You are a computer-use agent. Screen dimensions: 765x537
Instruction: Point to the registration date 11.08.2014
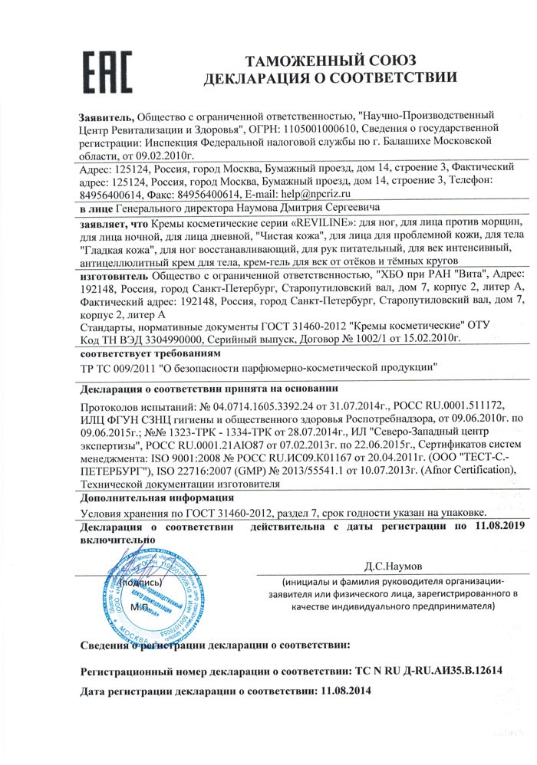click(345, 691)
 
